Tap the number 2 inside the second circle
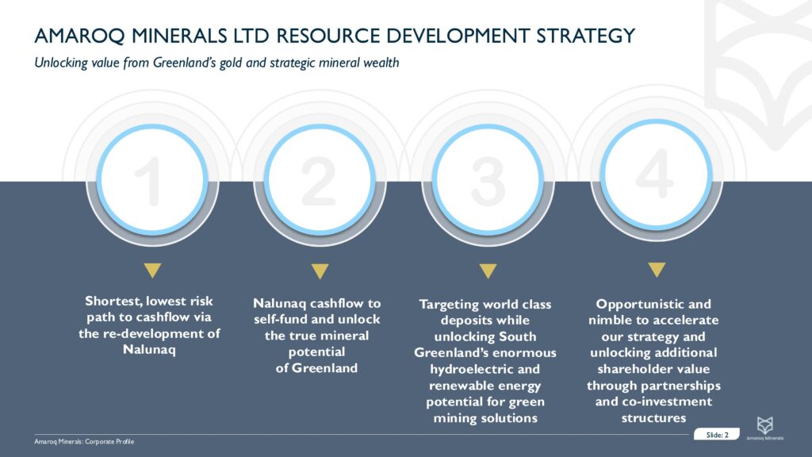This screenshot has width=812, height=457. pyautogui.click(x=320, y=180)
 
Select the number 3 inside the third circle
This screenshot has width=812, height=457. pyautogui.click(x=487, y=180)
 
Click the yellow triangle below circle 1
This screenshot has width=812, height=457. pyautogui.click(x=152, y=271)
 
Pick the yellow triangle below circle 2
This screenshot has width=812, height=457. pyautogui.click(x=320, y=271)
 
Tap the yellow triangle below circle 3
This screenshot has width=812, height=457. pyautogui.click(x=488, y=271)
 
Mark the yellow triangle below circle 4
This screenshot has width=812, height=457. pyautogui.click(x=655, y=270)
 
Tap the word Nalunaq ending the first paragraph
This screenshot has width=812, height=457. pyautogui.click(x=149, y=349)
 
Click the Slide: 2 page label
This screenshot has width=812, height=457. pyautogui.click(x=717, y=435)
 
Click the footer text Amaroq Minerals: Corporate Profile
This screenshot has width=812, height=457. pyautogui.click(x=79, y=441)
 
